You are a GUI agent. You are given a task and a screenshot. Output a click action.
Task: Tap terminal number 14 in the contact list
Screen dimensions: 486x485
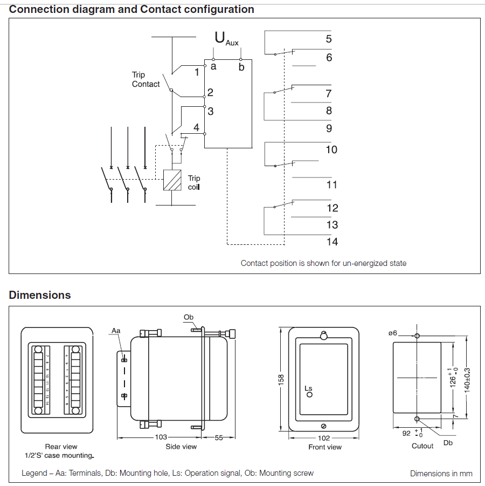pos(332,242)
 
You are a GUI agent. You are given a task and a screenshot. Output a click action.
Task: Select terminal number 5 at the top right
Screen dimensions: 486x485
pos(329,39)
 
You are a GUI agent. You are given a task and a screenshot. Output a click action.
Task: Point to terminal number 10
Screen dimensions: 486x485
pos(331,149)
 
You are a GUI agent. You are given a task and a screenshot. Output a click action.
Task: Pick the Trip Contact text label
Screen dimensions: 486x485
pos(145,80)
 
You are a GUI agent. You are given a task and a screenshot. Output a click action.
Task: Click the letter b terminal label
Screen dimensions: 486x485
pos(241,67)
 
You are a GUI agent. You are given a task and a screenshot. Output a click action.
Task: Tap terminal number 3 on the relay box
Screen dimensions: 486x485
pos(211,111)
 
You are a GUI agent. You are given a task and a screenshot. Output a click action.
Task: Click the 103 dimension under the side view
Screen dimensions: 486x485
pos(161,437)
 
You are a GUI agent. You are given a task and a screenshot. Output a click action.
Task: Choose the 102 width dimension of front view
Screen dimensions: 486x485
pos(323,438)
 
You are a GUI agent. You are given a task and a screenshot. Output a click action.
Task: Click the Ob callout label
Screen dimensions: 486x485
pos(188,317)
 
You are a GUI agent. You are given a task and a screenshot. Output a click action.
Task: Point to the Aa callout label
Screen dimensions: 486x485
pos(116,330)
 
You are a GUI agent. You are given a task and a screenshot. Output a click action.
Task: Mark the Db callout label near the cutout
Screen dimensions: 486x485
pos(448,443)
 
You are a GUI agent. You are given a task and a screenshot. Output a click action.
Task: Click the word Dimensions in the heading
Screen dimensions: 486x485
pos(40,295)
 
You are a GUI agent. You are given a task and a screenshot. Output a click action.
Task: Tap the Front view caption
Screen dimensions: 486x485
pos(325,447)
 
